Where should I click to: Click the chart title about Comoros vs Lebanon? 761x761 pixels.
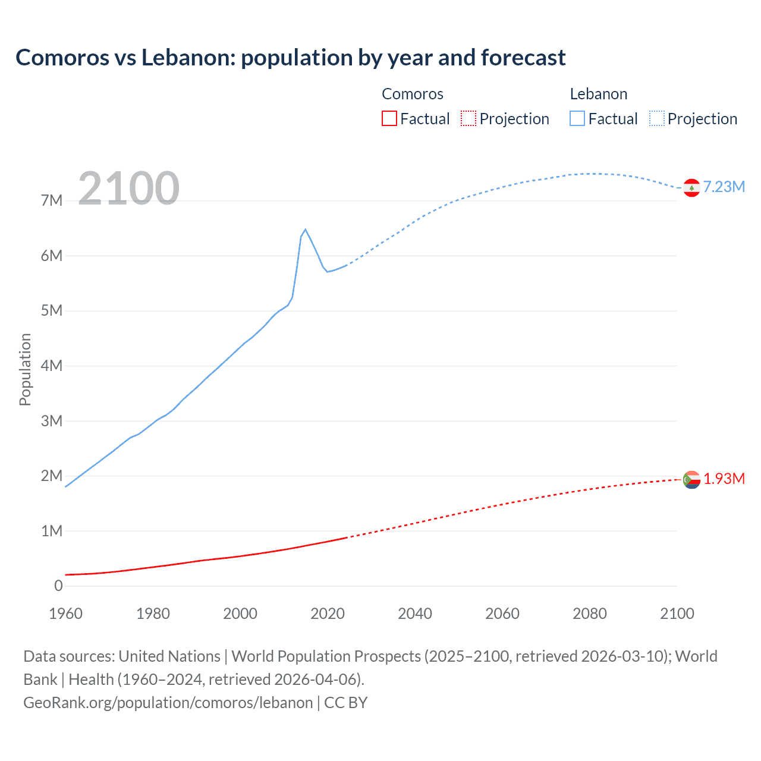tap(290, 58)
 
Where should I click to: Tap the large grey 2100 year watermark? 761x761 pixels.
tap(128, 188)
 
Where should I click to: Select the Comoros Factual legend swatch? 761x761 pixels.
tap(389, 119)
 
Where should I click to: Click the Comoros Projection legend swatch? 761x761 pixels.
tap(468, 119)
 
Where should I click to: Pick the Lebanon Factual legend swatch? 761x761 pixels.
tap(577, 119)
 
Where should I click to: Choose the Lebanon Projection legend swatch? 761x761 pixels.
tap(656, 119)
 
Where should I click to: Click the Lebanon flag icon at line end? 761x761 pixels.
tap(691, 188)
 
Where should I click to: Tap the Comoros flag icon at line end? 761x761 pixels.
tap(691, 479)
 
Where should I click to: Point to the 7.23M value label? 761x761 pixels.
tap(724, 187)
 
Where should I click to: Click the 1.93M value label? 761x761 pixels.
tap(724, 479)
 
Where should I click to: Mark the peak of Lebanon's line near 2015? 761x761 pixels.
tap(305, 229)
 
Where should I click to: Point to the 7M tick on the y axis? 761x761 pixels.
tap(52, 201)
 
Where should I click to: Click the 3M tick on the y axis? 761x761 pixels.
tap(52, 421)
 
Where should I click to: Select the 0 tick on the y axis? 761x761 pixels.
tap(58, 586)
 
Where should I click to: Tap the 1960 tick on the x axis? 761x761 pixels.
tap(65, 614)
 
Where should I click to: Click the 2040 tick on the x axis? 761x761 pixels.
tap(415, 614)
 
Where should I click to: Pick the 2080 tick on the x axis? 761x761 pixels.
tap(590, 614)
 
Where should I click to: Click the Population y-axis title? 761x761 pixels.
tap(25, 369)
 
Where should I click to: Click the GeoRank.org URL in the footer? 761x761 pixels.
tap(168, 703)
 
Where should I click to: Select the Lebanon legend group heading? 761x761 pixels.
tap(599, 94)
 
